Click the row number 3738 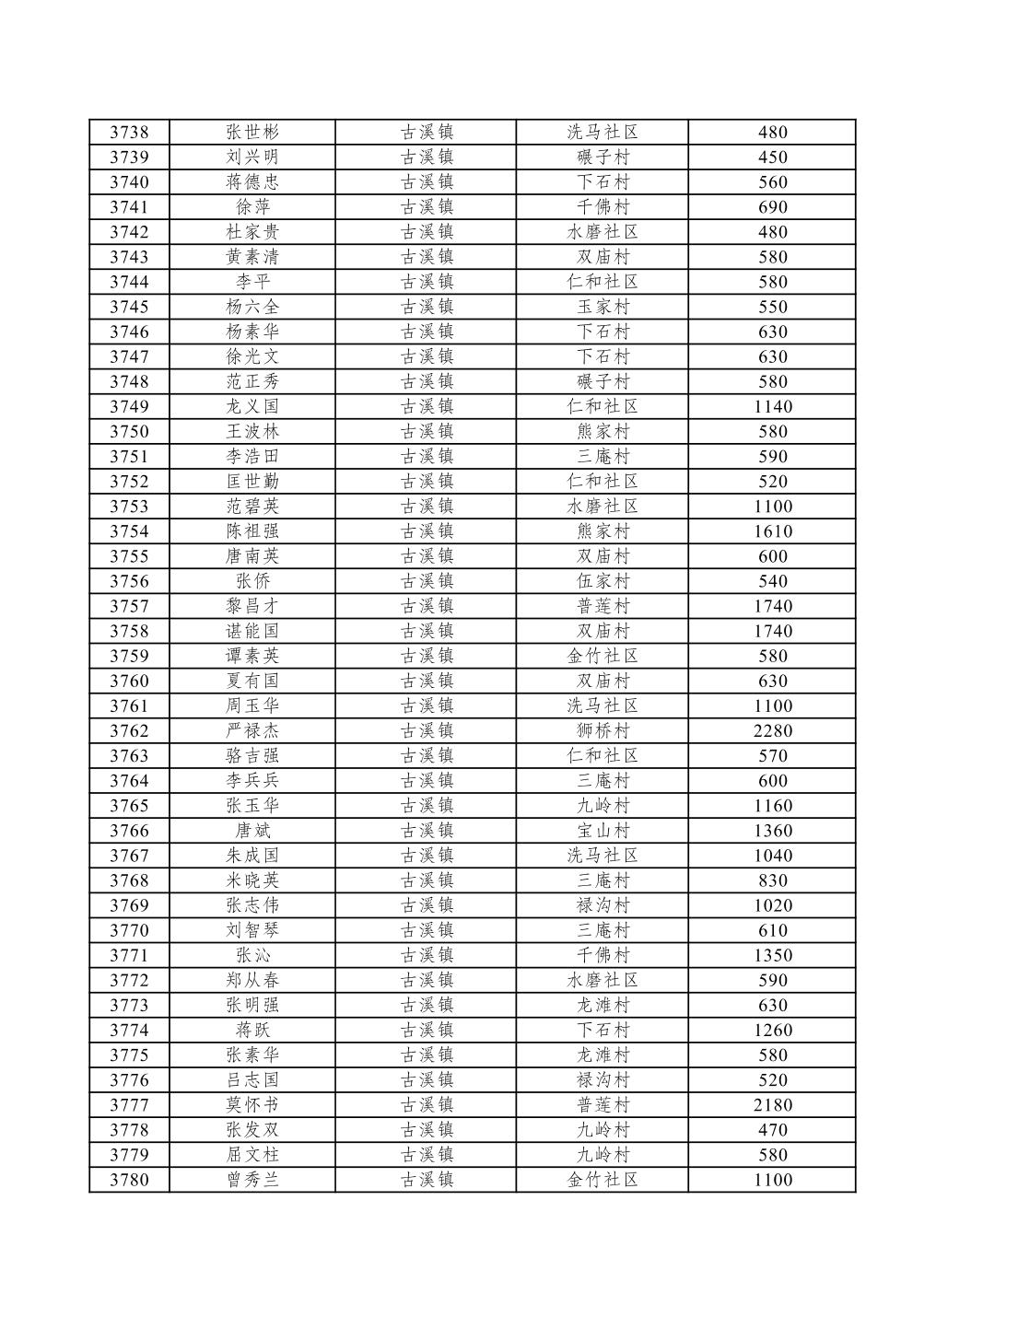pyautogui.click(x=129, y=133)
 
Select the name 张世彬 pyautogui.click(x=252, y=133)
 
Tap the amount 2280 pyautogui.click(x=772, y=731)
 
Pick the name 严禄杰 pyautogui.click(x=252, y=731)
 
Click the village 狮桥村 pyautogui.click(x=603, y=731)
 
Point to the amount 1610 pyautogui.click(x=772, y=531)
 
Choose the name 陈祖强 pyautogui.click(x=252, y=531)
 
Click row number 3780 pyautogui.click(x=129, y=1180)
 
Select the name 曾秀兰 pyautogui.click(x=252, y=1180)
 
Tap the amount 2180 pyautogui.click(x=772, y=1105)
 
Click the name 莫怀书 pyautogui.click(x=252, y=1105)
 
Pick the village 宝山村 pyautogui.click(x=603, y=831)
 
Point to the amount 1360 pyautogui.click(x=772, y=831)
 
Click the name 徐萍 pyautogui.click(x=252, y=207)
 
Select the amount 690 pyautogui.click(x=772, y=207)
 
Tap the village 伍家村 pyautogui.click(x=603, y=581)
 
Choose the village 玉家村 pyautogui.click(x=603, y=307)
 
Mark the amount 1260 pyautogui.click(x=772, y=1031)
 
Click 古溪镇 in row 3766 pyautogui.click(x=427, y=831)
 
